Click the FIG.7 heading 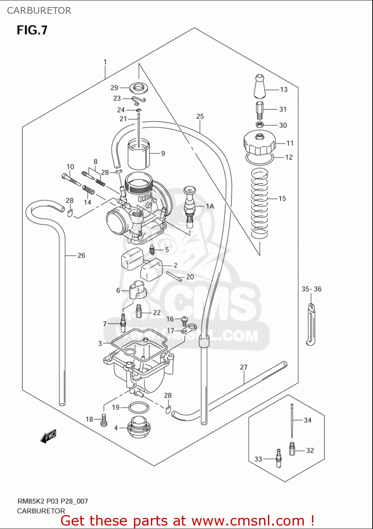pos(32,30)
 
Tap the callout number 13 pos(284,90)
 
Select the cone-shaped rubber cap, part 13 pos(259,86)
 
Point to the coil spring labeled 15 pos(259,203)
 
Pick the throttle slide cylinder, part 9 pos(139,154)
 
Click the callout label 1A pos(210,206)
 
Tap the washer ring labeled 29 pos(139,87)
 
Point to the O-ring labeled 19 pos(139,408)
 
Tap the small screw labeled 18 pos(104,420)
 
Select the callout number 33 pos(258,459)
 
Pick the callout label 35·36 pos(311,289)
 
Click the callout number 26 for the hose pos(81,255)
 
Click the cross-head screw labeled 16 pos(184,320)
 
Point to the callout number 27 pos(244,367)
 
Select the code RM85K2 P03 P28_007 pos(53,501)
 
